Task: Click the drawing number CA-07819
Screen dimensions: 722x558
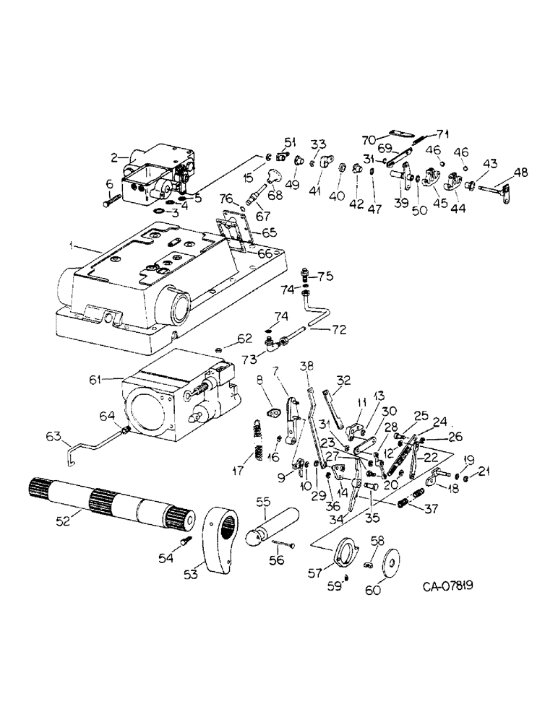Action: [452, 588]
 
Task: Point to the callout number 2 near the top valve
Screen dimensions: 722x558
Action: [114, 157]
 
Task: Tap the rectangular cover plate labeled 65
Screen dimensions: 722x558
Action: [232, 230]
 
